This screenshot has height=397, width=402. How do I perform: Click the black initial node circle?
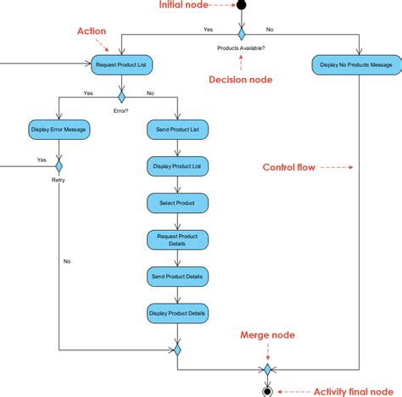click(x=241, y=5)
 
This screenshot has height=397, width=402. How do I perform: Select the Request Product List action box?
click(x=120, y=63)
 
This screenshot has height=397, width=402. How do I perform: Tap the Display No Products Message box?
click(x=356, y=63)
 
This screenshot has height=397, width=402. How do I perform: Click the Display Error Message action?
click(x=59, y=130)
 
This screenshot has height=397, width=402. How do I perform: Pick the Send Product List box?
click(x=177, y=130)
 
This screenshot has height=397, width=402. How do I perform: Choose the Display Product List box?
click(x=177, y=166)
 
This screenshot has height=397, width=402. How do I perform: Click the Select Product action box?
click(x=177, y=204)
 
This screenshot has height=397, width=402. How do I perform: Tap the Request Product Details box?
click(x=177, y=240)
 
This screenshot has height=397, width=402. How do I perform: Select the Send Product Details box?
click(x=177, y=277)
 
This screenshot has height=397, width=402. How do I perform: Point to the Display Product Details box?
click(x=177, y=313)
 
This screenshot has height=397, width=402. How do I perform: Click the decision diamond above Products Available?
click(x=241, y=34)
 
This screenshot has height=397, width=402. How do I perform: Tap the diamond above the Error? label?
click(x=120, y=95)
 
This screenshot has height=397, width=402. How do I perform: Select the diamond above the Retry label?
click(x=59, y=163)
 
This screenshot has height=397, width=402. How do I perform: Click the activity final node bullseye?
click(x=267, y=391)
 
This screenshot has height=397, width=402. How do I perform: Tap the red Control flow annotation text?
click(x=289, y=167)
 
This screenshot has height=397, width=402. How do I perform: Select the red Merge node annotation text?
click(x=268, y=335)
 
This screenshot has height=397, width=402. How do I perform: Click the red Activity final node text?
click(x=353, y=391)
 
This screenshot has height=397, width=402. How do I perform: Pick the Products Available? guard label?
click(x=241, y=48)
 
